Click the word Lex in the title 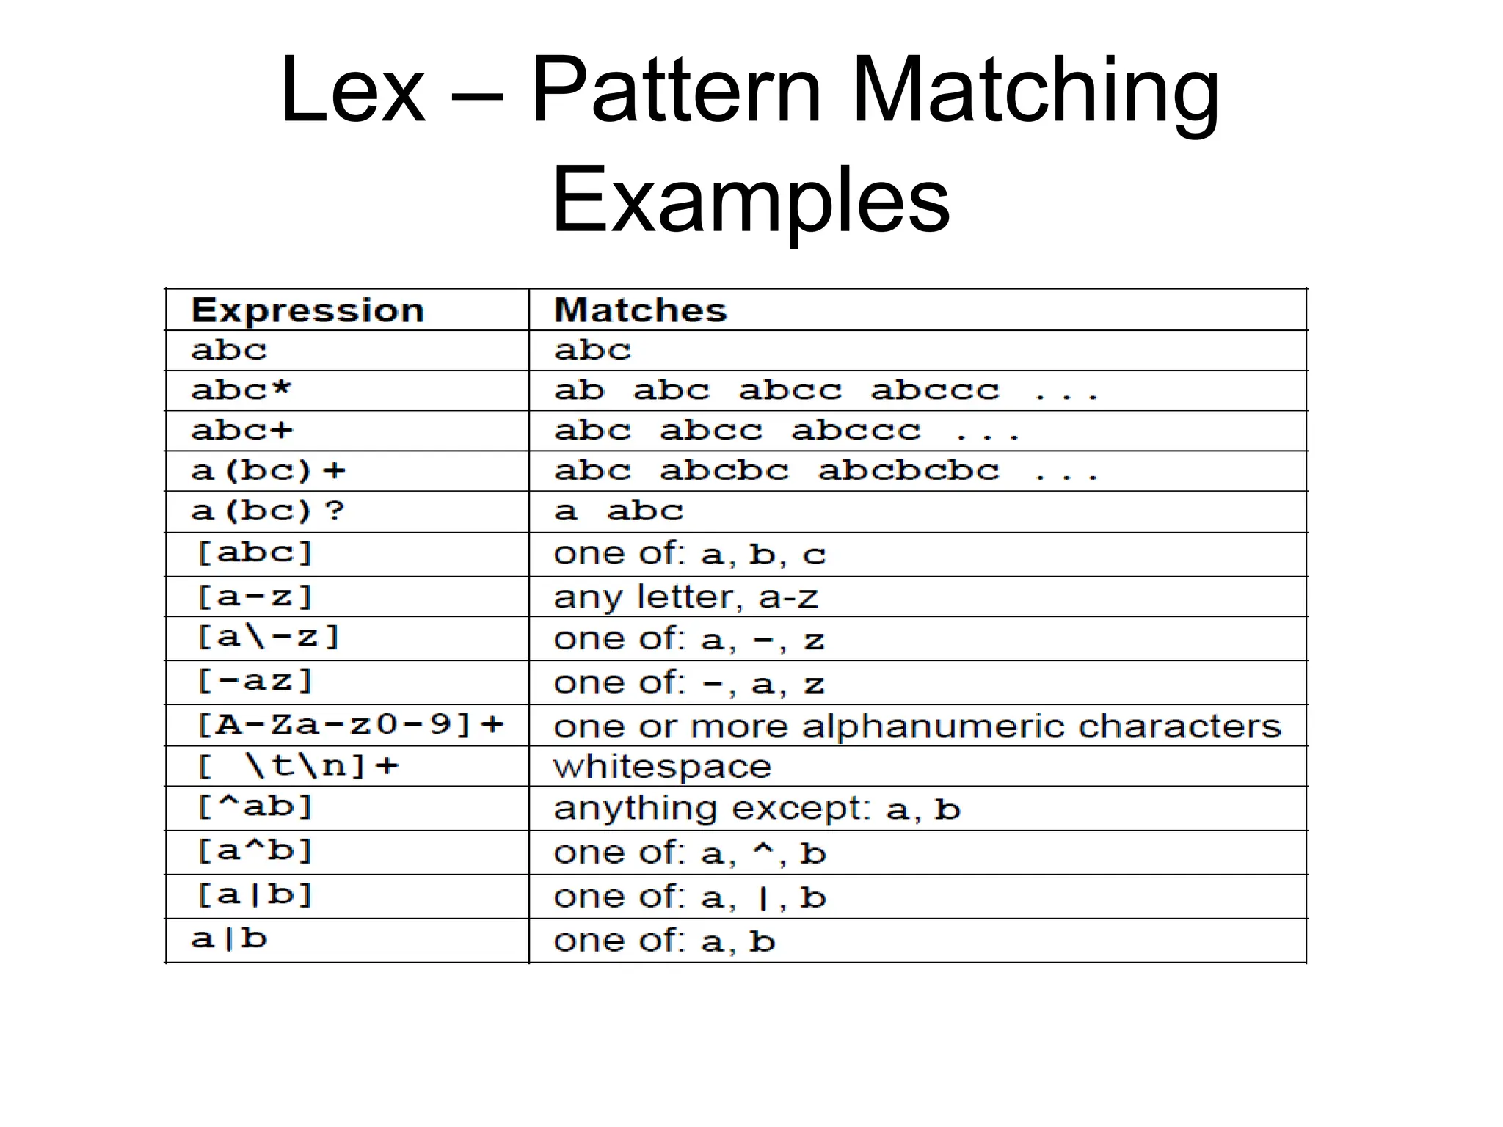tap(352, 91)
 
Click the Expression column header tap(307, 310)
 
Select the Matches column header tap(641, 310)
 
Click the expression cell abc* tap(241, 390)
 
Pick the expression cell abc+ tap(241, 430)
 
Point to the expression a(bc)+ tap(268, 470)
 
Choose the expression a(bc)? tap(268, 511)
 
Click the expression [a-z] tap(255, 596)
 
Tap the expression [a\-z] tap(269, 637)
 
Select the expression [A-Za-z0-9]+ tap(351, 725)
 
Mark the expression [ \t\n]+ tap(298, 766)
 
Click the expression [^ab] tap(255, 807)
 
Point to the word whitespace tap(663, 767)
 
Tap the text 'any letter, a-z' tap(685, 597)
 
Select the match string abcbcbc tap(909, 470)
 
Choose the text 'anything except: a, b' tap(757, 809)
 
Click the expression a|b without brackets tap(229, 938)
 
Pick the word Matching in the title tap(1036, 91)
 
